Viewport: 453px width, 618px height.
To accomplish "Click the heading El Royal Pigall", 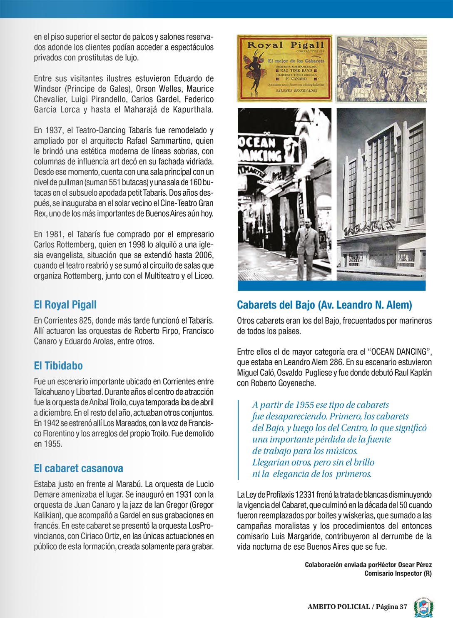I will tap(65, 305).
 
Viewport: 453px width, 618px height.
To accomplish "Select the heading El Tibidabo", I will tap(58, 366).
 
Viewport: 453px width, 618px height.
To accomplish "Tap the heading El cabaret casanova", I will tap(78, 468).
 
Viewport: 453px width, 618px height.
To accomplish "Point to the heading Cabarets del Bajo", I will tap(324, 305).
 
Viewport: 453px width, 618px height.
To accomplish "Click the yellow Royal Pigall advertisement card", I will tap(285, 68).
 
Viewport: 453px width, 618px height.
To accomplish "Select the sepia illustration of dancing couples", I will tap(381, 69).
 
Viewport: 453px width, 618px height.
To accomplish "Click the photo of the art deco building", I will tap(381, 194).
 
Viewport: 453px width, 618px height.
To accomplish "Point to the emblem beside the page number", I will tap(423, 606).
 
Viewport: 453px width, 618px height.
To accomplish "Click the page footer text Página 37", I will tap(391, 606).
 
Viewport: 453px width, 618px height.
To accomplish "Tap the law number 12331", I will tap(305, 495).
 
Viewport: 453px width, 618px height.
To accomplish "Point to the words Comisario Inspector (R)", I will tap(398, 573).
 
